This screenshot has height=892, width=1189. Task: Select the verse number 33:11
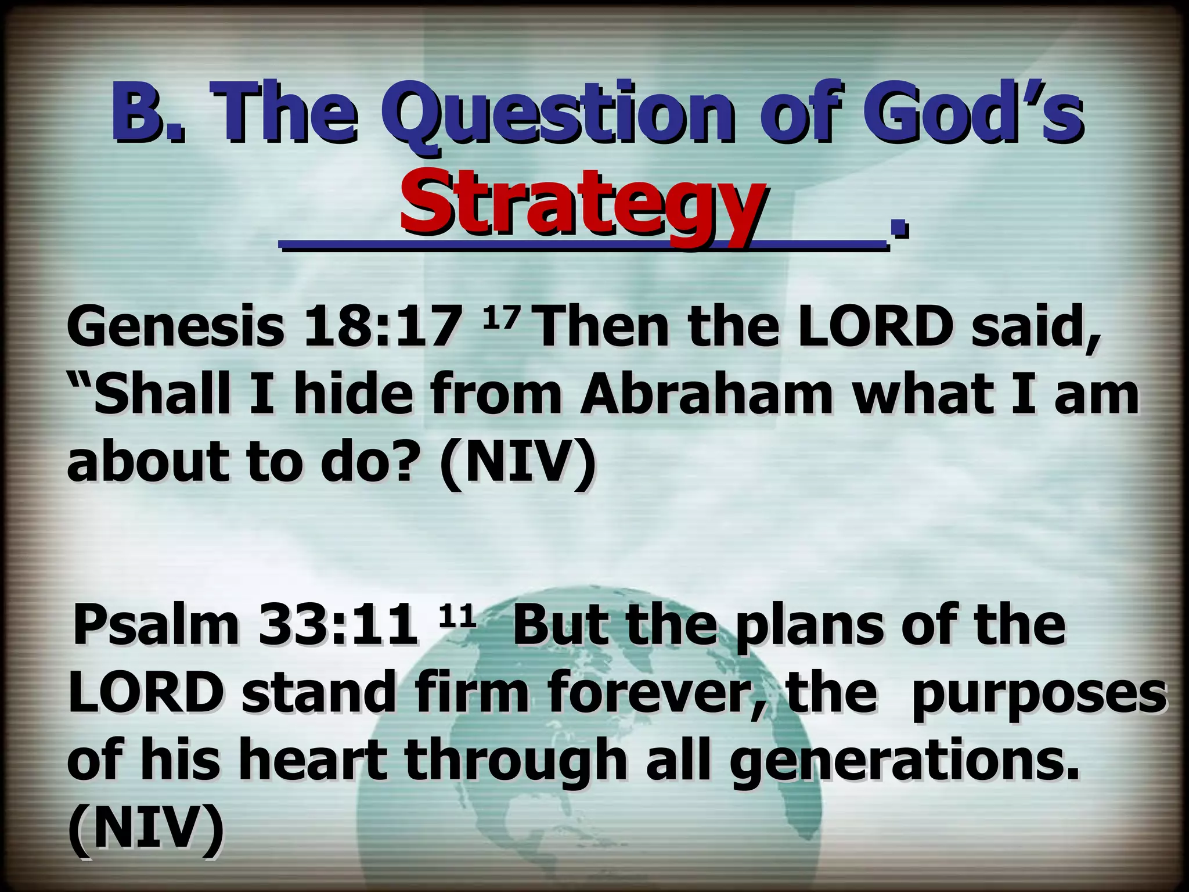coord(338,625)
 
